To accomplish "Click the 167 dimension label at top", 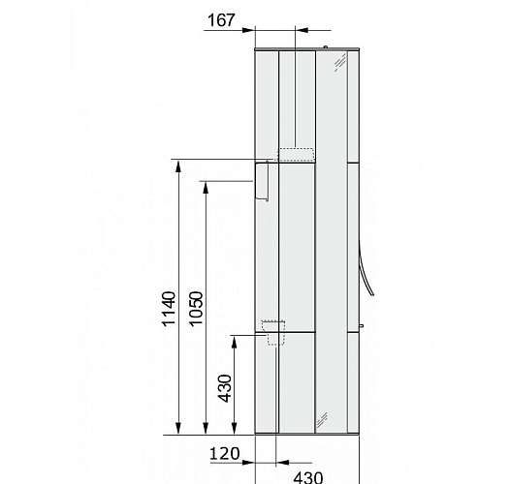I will point(222,19).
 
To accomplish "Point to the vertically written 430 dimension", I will point(224,387).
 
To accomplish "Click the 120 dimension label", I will point(224,453).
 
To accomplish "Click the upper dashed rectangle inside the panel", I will point(297,155).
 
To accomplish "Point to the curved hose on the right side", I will point(366,274).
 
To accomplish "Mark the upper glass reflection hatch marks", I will point(339,64).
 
